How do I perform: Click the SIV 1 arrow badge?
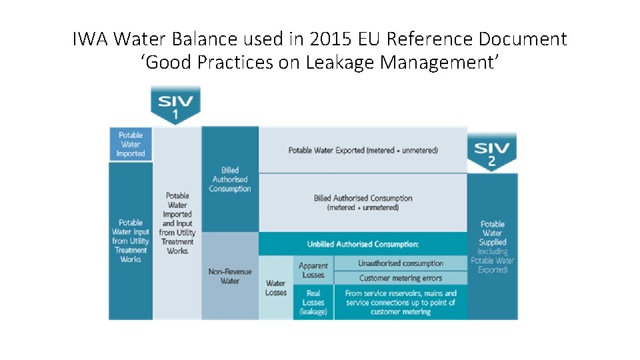pyautogui.click(x=175, y=105)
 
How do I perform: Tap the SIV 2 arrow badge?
pyautogui.click(x=492, y=152)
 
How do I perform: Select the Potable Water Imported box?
pyautogui.click(x=131, y=144)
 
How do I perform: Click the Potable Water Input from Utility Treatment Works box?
pyautogui.click(x=131, y=241)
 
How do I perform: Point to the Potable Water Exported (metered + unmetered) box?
pyautogui.click(x=363, y=150)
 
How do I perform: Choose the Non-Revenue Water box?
pyautogui.click(x=230, y=276)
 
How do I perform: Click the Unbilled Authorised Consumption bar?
pyautogui.click(x=363, y=244)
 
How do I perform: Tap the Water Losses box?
pyautogui.click(x=276, y=288)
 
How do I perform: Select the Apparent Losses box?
pyautogui.click(x=313, y=270)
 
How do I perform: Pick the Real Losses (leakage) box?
pyautogui.click(x=313, y=302)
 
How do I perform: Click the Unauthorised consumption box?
pyautogui.click(x=401, y=263)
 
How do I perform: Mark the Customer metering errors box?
pyautogui.click(x=401, y=278)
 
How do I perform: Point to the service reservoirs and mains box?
pyautogui.click(x=401, y=302)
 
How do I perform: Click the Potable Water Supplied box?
pyautogui.click(x=493, y=247)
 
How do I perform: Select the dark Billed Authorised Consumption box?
pyautogui.click(x=230, y=179)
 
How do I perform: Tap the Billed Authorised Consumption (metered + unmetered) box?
pyautogui.click(x=363, y=203)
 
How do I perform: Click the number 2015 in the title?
pyautogui.click(x=331, y=39)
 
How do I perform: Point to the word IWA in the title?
pyautogui.click(x=90, y=39)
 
